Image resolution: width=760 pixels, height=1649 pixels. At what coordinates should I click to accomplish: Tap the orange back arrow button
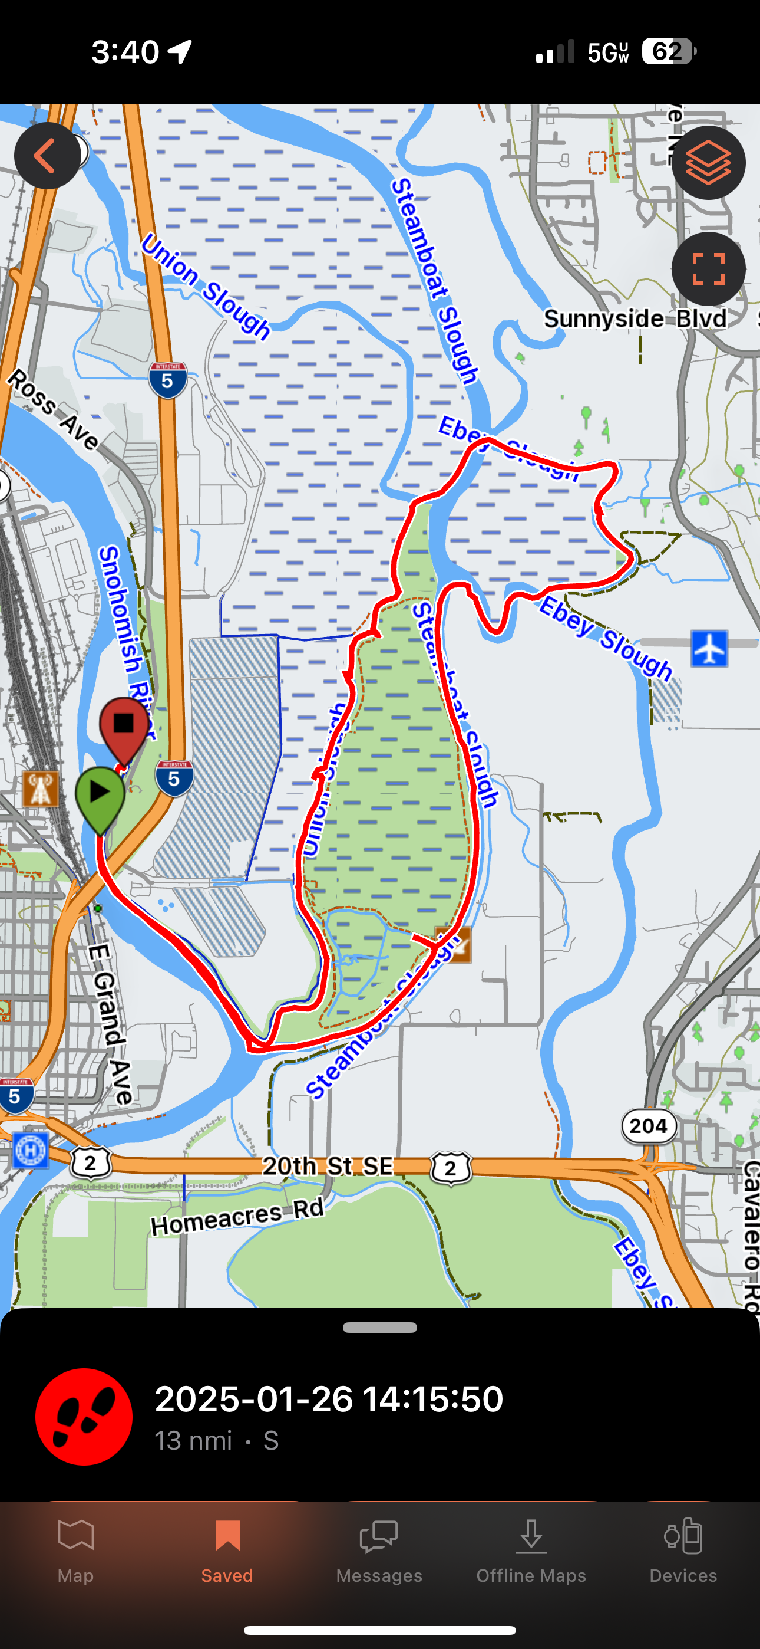[47, 156]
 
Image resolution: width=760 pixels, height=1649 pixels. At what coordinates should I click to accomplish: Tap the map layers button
[708, 163]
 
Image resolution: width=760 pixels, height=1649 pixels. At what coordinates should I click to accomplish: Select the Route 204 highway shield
[649, 1125]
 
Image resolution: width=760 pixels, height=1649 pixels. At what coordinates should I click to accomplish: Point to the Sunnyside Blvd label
[635, 318]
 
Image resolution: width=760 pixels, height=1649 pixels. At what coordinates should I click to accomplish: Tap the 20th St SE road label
[328, 1166]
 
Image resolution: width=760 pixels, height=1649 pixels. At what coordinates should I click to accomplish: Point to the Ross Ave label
[54, 410]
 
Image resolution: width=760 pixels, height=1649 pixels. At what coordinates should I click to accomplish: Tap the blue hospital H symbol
[30, 1150]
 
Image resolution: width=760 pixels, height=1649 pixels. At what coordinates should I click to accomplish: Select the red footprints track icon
[84, 1416]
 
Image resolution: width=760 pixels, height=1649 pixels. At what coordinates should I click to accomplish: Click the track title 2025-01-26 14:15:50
[329, 1398]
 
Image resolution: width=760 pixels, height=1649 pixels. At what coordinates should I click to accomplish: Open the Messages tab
[379, 1550]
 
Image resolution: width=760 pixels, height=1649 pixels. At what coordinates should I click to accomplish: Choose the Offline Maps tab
[531, 1550]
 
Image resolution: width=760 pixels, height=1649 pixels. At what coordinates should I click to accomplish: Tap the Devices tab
[683, 1550]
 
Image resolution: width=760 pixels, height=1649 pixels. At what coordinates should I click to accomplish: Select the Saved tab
[227, 1550]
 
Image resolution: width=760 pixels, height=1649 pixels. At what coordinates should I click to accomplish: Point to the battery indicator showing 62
[668, 51]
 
